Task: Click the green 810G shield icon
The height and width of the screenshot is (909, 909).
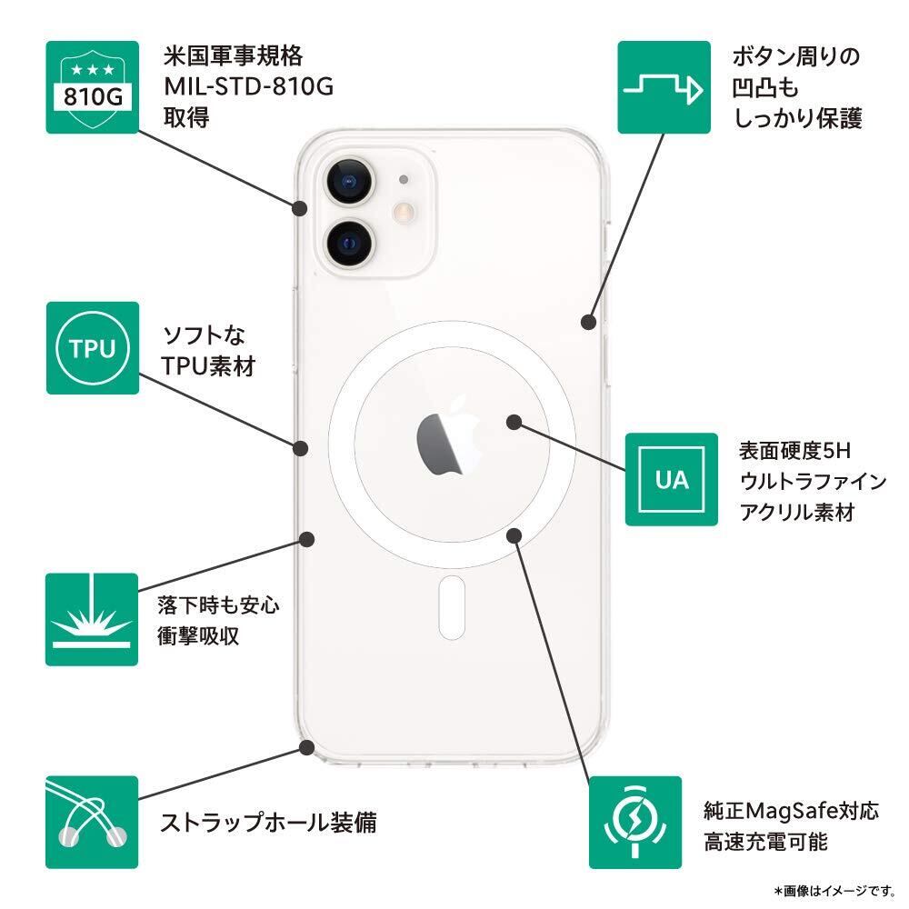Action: click(92, 86)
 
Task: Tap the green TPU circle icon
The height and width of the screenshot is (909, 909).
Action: click(92, 348)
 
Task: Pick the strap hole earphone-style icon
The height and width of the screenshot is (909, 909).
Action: click(92, 822)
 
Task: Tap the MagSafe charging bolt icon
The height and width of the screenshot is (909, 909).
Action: click(634, 822)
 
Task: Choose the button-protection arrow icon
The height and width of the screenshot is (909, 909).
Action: click(664, 86)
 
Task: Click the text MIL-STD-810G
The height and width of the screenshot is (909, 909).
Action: click(249, 87)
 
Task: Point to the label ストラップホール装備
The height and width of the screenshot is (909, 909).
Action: click(268, 824)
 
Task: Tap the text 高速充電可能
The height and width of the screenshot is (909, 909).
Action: click(765, 841)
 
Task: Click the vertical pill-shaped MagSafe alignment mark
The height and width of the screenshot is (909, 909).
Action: click(452, 607)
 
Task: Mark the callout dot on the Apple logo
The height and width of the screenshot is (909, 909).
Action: click(514, 423)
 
